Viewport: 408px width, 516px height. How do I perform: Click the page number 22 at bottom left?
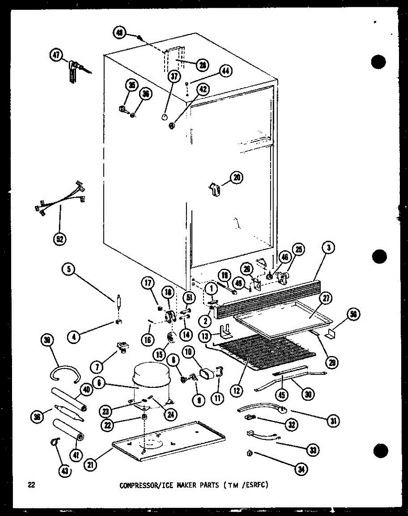31,485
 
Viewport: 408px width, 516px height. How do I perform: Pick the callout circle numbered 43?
66,471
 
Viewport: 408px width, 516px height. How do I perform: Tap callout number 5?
68,270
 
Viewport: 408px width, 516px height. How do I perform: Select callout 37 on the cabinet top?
174,77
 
